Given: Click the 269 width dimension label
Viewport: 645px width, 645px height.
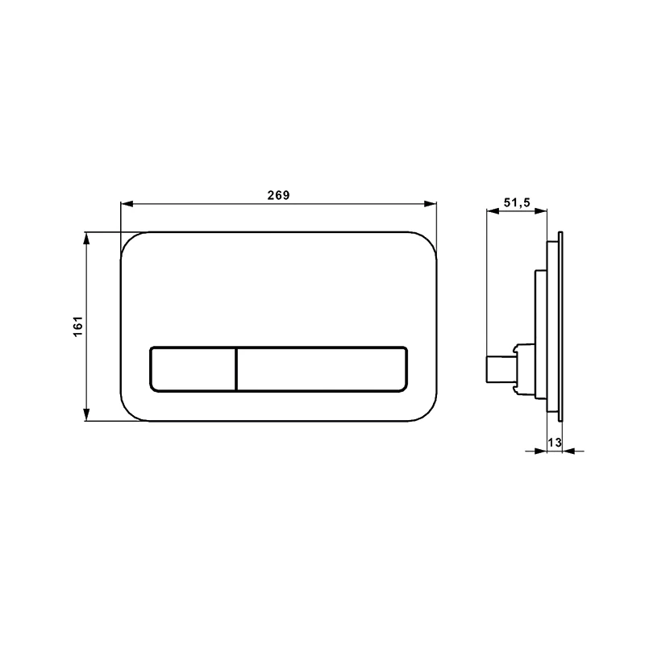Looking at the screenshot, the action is pos(278,195).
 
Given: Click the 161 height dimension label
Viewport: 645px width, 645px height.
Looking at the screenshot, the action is pos(78,327).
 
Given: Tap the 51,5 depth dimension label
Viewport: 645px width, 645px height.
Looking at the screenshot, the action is pos(517,202).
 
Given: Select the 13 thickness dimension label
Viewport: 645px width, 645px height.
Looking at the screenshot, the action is pos(555,443).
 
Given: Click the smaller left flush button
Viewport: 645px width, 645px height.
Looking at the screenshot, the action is pos(193,369).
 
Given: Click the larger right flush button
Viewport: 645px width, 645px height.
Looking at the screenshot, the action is pos(322,369).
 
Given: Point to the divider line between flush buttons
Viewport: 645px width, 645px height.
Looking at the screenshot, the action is pos(236,369).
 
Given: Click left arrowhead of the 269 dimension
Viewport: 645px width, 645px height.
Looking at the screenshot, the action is pos(127,204).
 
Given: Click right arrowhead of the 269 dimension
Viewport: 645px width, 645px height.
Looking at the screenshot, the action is pos(431,204).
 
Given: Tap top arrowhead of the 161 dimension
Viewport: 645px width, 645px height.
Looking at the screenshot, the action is pos(86,239).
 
